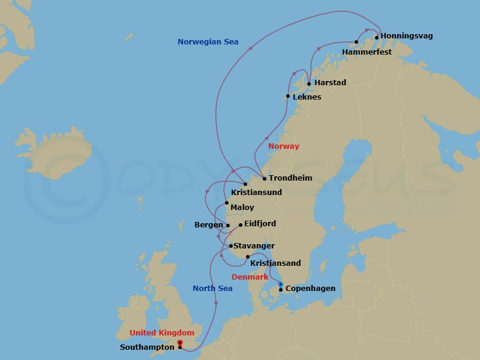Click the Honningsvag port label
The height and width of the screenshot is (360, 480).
[x=406, y=36]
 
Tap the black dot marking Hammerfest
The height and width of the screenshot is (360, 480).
[x=356, y=42]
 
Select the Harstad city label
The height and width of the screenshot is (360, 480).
[x=330, y=83]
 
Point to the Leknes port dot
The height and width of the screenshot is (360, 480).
[x=288, y=96]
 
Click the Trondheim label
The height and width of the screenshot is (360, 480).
[x=290, y=178]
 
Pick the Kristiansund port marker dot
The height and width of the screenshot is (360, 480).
[x=245, y=184]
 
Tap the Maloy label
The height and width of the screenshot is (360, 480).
[x=242, y=208]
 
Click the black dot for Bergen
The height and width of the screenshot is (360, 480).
[x=228, y=226]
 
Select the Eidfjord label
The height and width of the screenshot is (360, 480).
[x=260, y=224]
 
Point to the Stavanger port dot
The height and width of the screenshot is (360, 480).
[x=230, y=246]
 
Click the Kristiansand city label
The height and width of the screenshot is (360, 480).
[x=275, y=263]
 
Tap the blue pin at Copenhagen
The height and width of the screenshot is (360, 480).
[x=281, y=284]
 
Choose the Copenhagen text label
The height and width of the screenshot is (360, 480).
[x=310, y=289]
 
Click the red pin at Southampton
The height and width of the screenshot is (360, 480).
[x=180, y=343]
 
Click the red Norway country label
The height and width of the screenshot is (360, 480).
[x=283, y=146]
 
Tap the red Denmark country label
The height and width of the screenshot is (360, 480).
[x=250, y=277]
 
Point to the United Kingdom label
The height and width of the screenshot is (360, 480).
[x=162, y=333]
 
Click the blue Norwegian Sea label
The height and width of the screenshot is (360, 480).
[x=208, y=42]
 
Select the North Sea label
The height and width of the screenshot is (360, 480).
[x=212, y=289]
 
